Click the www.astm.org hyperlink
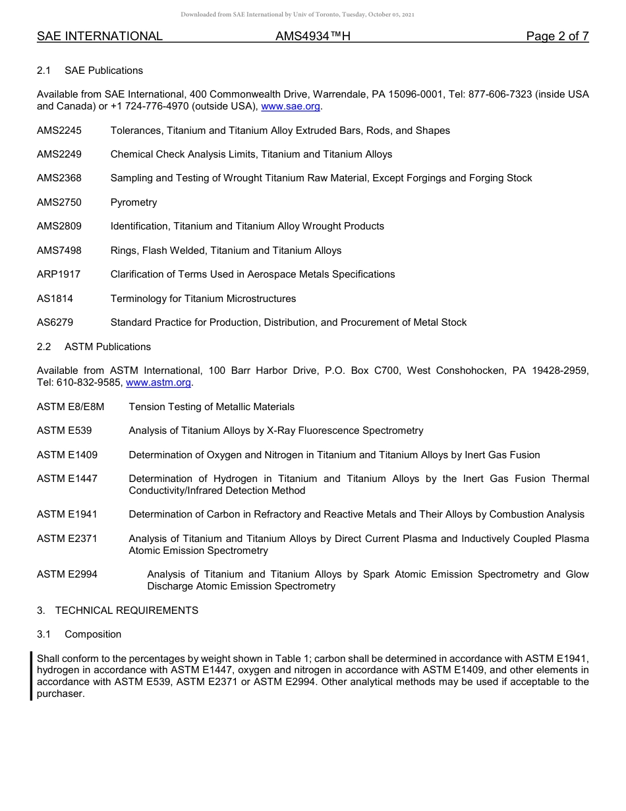[158, 382]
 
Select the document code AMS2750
[59, 202]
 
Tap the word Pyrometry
[134, 202]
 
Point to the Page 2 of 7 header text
[557, 36]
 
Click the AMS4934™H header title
[313, 36]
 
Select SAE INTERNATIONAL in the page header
[100, 36]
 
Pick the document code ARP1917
[59, 274]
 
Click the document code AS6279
[55, 322]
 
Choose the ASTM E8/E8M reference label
[71, 407]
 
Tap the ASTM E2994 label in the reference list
[67, 574]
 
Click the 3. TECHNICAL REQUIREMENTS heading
[117, 611]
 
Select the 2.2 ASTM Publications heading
[94, 347]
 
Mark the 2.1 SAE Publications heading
[90, 71]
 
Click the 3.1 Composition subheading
[79, 634]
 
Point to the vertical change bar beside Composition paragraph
[31, 676]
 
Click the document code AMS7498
[59, 251]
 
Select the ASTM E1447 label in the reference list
[67, 479]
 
